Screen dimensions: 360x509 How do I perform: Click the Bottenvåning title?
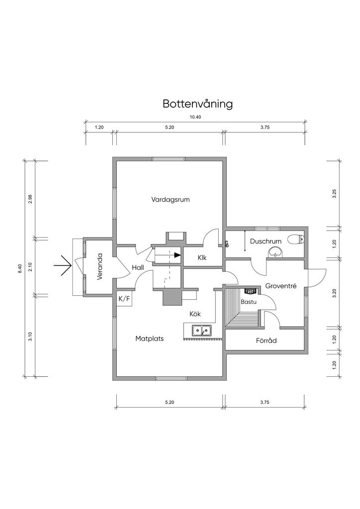pos(198,104)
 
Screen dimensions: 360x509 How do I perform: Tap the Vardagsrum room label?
pos(171,199)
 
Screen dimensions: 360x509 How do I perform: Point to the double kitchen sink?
pos(201,331)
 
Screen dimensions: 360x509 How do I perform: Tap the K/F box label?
pos(124,299)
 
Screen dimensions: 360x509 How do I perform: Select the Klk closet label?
pos(202,258)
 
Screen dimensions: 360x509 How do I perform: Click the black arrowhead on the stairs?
pos(177,255)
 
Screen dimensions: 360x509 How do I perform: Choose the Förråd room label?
pos(266,340)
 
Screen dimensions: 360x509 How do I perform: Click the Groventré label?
pos(281,286)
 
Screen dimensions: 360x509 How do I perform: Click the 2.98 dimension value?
pos(30,199)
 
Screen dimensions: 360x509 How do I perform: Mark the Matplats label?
pos(149,339)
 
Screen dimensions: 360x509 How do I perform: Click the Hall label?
pos(138,267)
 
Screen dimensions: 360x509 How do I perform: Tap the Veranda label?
pos(99,267)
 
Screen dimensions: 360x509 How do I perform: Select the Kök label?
pos(195,314)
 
